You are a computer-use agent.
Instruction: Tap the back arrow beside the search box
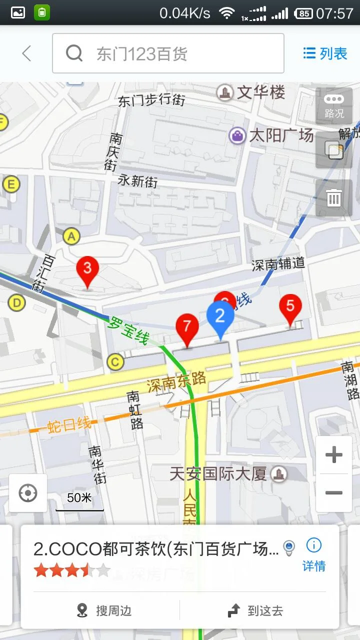pos(26,53)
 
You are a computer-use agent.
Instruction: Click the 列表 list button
pos(325,53)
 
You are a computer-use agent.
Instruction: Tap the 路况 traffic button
pos(334,105)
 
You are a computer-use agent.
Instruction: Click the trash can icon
pos(334,198)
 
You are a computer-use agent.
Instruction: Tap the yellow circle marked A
pos(72,236)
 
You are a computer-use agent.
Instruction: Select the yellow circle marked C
pos(115,361)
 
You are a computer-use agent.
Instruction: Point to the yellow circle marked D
pos(17,302)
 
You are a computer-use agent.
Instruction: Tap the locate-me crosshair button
pos(28,493)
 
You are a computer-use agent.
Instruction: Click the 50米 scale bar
pos(79,501)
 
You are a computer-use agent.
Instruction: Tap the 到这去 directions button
pos(255,610)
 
